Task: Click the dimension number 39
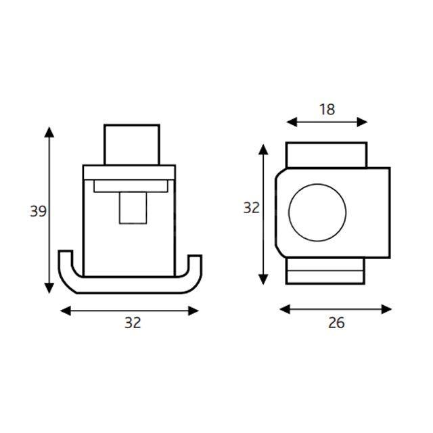pyautogui.click(x=38, y=211)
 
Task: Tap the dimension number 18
pyautogui.click(x=327, y=109)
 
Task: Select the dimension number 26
pyautogui.click(x=336, y=323)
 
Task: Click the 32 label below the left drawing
pyautogui.click(x=133, y=323)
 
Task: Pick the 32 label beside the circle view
pyautogui.click(x=252, y=208)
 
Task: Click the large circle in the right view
pyautogui.click(x=317, y=212)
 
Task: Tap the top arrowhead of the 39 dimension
pyautogui.click(x=49, y=131)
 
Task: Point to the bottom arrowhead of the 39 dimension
pyautogui.click(x=49, y=289)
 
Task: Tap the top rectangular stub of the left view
pyautogui.click(x=131, y=144)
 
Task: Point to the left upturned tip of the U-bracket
pyautogui.click(x=66, y=258)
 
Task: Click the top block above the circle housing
pyautogui.click(x=326, y=155)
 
